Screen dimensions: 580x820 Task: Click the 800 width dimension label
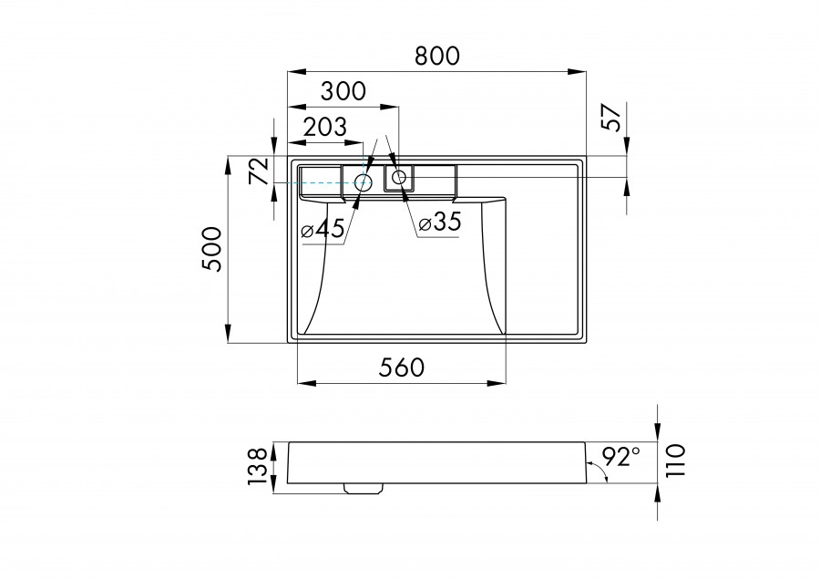coord(436,56)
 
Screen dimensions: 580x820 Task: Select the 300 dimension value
coord(343,91)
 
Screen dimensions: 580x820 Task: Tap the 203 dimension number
coord(323,128)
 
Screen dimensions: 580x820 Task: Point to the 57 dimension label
coord(612,117)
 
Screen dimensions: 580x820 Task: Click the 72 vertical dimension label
coord(259,171)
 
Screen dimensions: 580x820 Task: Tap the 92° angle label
coord(622,452)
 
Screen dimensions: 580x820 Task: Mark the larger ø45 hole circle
coord(363,182)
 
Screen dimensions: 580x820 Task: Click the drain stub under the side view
coord(363,488)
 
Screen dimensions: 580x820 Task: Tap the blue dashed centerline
coord(319,182)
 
